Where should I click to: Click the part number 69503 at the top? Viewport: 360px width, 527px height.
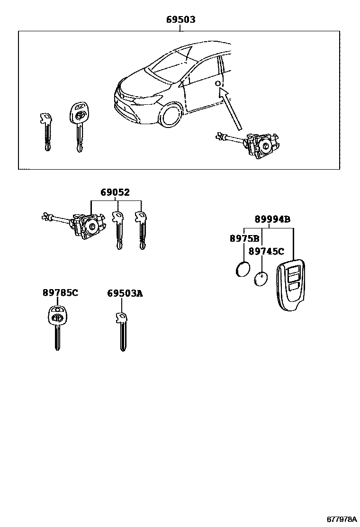[x=180, y=20]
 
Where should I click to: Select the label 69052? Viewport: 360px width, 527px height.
[x=115, y=192]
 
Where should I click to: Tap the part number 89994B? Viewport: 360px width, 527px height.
[x=272, y=219]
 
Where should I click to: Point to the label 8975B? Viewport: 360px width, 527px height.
[x=244, y=239]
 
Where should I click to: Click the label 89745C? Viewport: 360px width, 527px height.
[x=266, y=252]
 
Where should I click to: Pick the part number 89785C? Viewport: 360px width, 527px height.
[x=60, y=293]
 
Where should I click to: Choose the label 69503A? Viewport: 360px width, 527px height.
[x=125, y=294]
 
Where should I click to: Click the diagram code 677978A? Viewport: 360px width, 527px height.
[x=341, y=519]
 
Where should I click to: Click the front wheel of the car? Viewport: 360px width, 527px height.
[x=171, y=114]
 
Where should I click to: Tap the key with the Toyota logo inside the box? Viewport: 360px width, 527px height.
[x=79, y=123]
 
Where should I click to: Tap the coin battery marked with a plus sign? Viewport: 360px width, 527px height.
[x=261, y=279]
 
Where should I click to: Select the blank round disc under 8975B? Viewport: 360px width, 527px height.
[x=243, y=270]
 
